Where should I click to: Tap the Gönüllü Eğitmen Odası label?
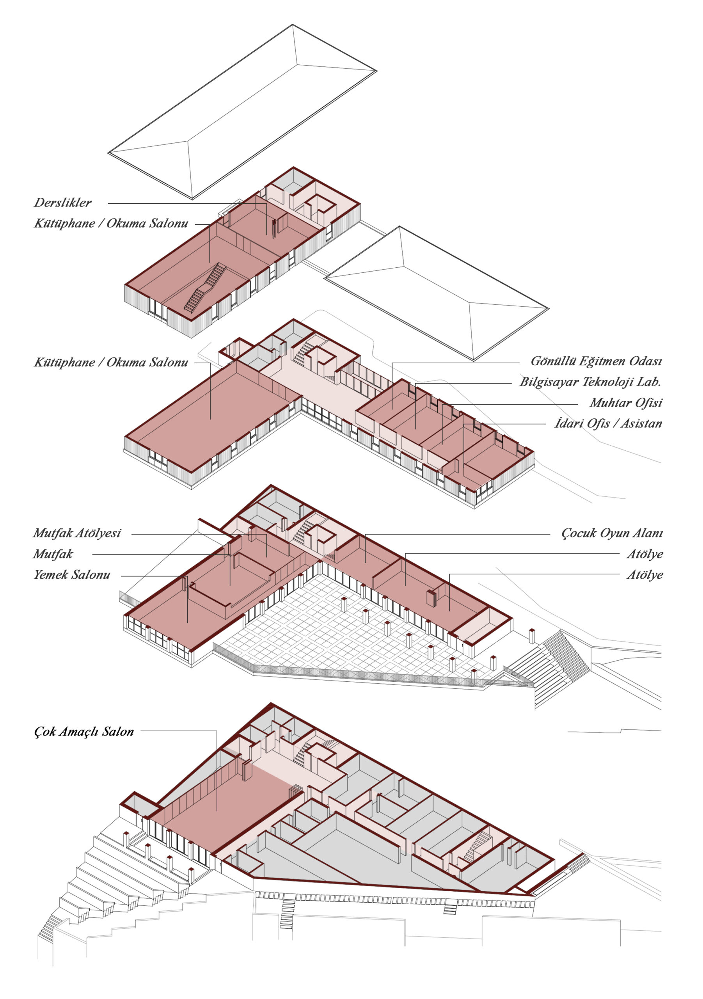pos(596,361)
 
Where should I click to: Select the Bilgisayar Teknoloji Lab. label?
pos(590,382)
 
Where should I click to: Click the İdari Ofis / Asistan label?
pos(608,423)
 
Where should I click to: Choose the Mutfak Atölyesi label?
pos(77,533)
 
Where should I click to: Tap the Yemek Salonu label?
pos(72,575)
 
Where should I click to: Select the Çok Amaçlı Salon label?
pos(84,731)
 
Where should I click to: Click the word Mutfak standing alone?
pos(53,554)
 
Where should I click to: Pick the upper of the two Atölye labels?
pos(645,554)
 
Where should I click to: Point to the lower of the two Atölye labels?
pos(645,575)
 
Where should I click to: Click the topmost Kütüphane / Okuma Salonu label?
pos(111,224)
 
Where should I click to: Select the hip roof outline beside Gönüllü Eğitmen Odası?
pos(436,292)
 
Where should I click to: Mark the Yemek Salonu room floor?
pos(174,618)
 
